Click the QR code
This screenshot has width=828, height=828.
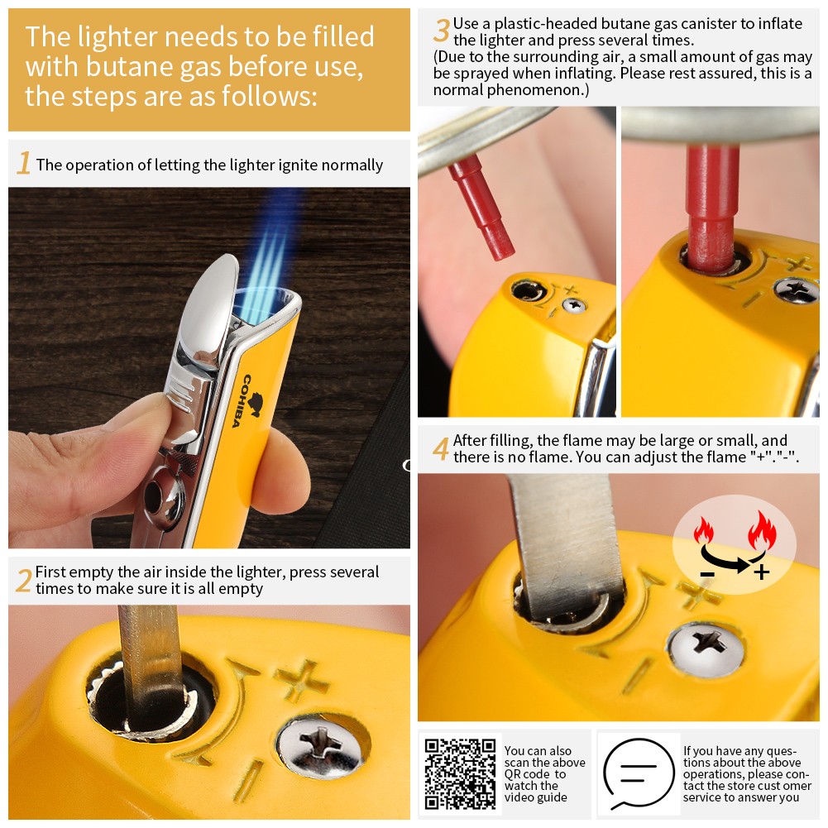coord(460,773)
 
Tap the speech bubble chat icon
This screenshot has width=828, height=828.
coord(639,774)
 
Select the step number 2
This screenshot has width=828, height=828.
coord(24,581)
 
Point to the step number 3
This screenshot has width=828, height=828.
coord(442,30)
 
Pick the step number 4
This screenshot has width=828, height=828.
coord(441,448)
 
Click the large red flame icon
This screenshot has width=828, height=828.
coord(762,531)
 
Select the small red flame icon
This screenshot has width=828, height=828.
coord(703,530)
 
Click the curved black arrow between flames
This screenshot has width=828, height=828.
coord(731,560)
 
